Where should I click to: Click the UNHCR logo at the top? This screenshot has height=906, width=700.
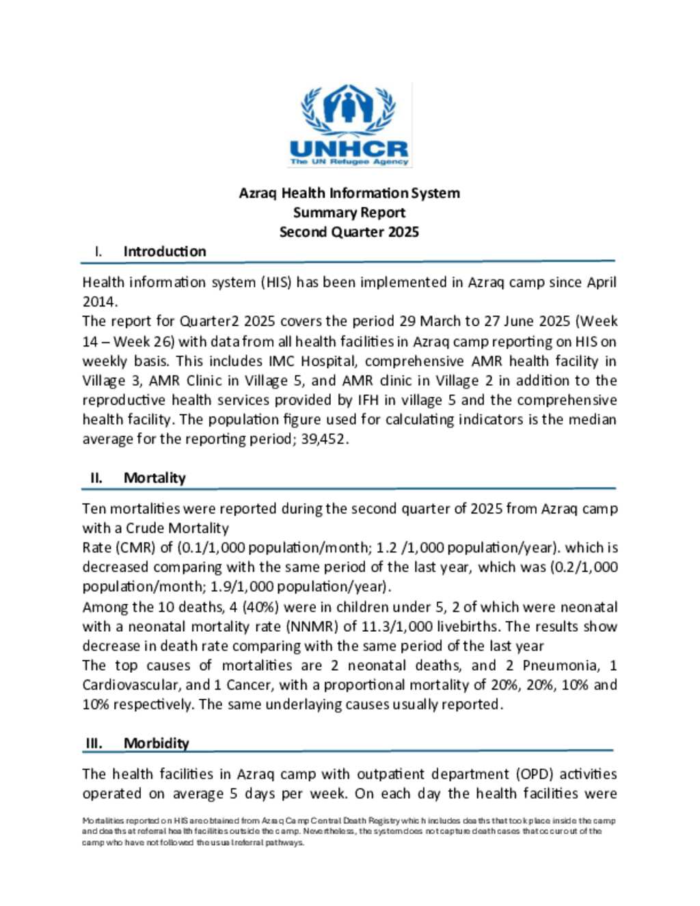click(349, 126)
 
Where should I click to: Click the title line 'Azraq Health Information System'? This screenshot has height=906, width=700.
click(349, 194)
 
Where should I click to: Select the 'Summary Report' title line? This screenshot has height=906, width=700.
click(349, 213)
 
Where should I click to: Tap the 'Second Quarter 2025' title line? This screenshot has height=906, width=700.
click(349, 232)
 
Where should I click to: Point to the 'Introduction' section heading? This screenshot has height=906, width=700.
click(165, 252)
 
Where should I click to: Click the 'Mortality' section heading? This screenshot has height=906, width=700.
click(154, 478)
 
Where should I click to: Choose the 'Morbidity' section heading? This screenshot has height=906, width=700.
click(157, 743)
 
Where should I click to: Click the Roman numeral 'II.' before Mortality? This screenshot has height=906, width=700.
click(96, 478)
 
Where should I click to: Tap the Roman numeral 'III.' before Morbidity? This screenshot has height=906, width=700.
click(94, 743)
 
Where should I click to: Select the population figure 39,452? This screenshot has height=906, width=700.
click(325, 440)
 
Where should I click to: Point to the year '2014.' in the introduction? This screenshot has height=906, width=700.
click(100, 302)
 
